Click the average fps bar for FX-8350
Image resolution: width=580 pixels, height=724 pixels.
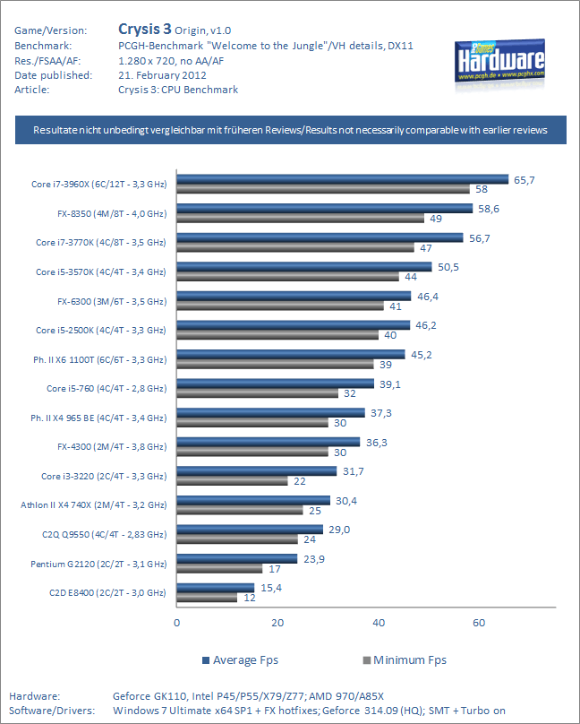(x=324, y=209)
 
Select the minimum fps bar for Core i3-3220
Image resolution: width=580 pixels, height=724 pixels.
(x=233, y=481)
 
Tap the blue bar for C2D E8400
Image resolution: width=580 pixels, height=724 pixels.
(x=216, y=588)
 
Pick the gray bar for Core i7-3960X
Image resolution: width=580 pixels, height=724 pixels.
(x=323, y=189)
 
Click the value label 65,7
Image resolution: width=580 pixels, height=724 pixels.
(x=524, y=180)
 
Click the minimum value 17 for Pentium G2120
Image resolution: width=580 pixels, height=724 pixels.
(x=275, y=569)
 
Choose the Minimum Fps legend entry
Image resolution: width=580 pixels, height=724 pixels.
(x=404, y=660)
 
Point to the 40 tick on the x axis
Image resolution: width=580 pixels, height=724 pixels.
(x=379, y=622)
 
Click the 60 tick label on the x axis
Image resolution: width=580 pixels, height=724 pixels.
(x=479, y=622)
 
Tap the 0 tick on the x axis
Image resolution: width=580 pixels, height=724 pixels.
(x=177, y=622)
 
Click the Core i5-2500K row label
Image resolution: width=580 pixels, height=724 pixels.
(x=100, y=331)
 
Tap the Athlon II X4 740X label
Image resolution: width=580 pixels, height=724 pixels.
(x=93, y=505)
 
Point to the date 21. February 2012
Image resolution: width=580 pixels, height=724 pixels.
(x=158, y=74)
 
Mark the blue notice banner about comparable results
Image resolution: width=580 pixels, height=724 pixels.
(x=290, y=130)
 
